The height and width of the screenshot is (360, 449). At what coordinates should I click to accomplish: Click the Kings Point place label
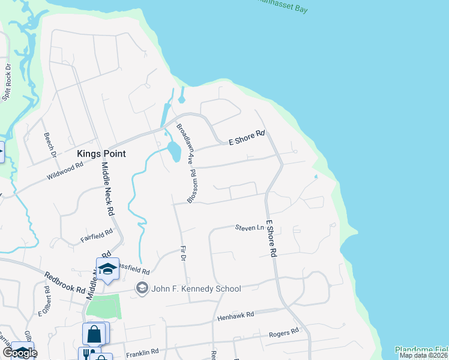pos(101,154)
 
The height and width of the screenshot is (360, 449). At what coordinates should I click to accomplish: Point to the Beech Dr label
pos(50,146)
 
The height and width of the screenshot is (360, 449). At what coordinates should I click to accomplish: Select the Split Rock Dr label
pos(7,82)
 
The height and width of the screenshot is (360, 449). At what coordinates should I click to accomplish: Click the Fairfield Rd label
pos(97,236)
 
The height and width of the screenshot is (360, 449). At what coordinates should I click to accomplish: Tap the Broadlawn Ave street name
pos(184,144)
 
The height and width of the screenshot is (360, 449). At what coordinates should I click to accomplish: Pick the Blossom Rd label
pos(193,185)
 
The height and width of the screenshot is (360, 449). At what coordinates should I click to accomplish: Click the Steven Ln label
pos(249,228)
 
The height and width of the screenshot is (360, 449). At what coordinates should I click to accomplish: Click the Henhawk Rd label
pos(236,315)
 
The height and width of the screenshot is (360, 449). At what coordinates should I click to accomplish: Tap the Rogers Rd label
pos(283,332)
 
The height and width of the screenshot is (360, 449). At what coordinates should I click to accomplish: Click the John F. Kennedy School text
pos(196,289)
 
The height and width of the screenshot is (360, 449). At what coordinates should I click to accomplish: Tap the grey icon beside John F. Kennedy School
pos(142,289)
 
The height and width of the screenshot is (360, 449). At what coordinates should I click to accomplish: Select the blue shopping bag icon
pos(94,333)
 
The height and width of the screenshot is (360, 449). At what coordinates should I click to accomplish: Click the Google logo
pos(20,352)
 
